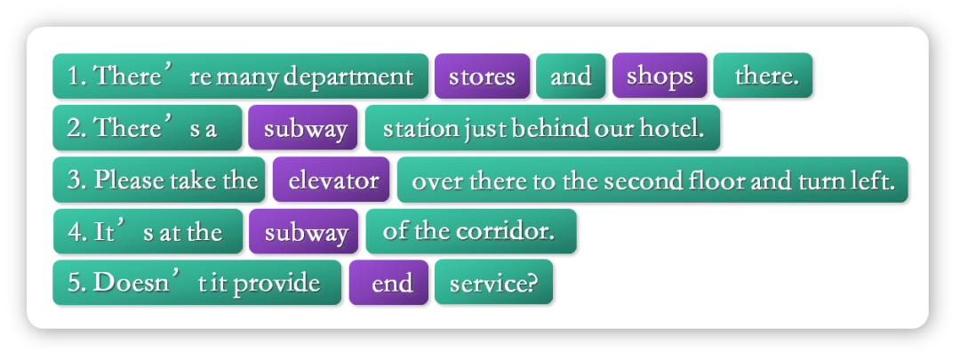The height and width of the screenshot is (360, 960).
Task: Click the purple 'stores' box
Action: click(x=482, y=76)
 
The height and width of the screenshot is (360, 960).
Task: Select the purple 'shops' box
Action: click(x=660, y=76)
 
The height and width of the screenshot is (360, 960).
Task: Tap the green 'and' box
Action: click(x=571, y=76)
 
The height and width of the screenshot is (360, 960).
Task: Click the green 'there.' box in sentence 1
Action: click(x=763, y=76)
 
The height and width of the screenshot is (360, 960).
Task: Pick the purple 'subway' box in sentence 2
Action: click(x=302, y=128)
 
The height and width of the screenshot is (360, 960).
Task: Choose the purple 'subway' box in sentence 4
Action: click(x=303, y=232)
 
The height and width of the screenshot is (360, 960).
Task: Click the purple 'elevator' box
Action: click(x=331, y=180)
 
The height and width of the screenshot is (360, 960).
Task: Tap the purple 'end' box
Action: click(x=388, y=283)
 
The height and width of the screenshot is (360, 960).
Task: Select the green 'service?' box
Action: click(x=493, y=283)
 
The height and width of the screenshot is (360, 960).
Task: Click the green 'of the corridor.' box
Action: click(x=471, y=231)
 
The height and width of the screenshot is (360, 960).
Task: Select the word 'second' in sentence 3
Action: click(x=644, y=180)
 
